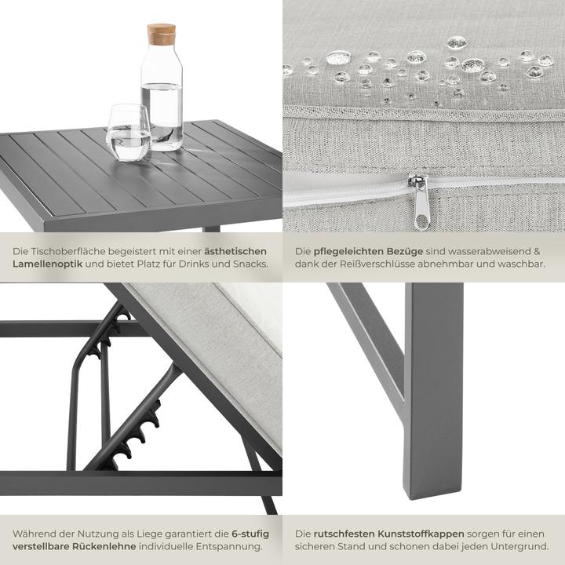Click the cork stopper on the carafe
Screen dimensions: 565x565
(161, 33)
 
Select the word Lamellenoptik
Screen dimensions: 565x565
(47, 264)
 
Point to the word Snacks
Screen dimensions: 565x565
(250, 264)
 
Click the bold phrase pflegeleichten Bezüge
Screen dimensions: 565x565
(368, 251)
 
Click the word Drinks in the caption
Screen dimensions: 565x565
(205, 264)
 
